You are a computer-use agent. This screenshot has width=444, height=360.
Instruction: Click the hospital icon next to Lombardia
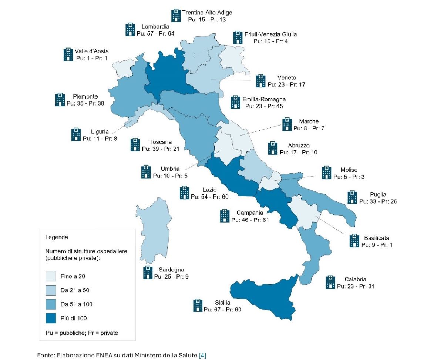[130, 29]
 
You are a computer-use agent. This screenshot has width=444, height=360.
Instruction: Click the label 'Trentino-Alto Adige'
[207, 13]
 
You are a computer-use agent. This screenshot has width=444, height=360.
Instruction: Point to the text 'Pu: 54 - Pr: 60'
[210, 197]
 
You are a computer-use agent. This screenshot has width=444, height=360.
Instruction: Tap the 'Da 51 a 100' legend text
[77, 304]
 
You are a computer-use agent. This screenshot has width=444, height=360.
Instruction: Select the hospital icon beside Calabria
[330, 282]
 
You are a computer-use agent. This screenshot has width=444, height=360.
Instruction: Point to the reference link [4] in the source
[202, 355]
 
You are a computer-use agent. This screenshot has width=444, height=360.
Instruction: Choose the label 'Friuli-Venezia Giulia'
[270, 34]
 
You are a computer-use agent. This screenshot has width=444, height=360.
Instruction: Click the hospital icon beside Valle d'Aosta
[68, 54]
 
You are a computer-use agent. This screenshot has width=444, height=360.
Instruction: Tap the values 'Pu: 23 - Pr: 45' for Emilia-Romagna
[264, 106]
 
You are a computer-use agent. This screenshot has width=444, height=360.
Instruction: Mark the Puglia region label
[378, 194]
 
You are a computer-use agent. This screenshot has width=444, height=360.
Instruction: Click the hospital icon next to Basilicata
[354, 240]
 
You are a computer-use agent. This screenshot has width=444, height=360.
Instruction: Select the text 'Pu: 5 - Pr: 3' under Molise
[349, 177]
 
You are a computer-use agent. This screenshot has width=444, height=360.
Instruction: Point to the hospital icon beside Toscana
[135, 145]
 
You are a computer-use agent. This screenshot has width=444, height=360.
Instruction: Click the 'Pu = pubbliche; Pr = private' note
[82, 333]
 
